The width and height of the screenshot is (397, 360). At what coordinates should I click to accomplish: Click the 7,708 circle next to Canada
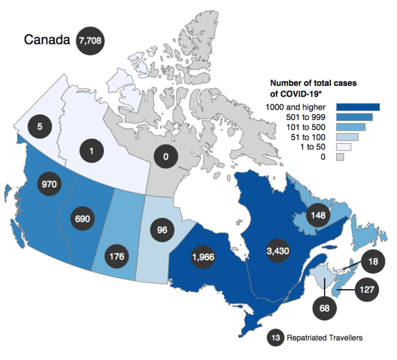point(90,40)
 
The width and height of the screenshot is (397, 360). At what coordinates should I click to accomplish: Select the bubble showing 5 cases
point(40,126)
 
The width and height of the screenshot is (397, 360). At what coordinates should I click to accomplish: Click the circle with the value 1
point(91,152)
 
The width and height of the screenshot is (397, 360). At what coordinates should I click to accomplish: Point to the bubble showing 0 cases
point(166,156)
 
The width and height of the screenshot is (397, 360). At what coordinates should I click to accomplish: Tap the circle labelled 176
point(116,256)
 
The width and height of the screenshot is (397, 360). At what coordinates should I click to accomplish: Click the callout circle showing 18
point(373,262)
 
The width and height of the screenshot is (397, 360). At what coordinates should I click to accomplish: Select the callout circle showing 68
point(325,308)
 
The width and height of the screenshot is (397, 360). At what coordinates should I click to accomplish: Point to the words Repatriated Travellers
point(324,338)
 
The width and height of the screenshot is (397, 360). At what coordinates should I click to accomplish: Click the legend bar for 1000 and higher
point(358,107)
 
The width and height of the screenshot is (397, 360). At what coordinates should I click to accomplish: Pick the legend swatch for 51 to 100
point(348,137)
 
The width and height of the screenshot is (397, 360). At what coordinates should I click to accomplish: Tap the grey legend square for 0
point(341,157)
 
